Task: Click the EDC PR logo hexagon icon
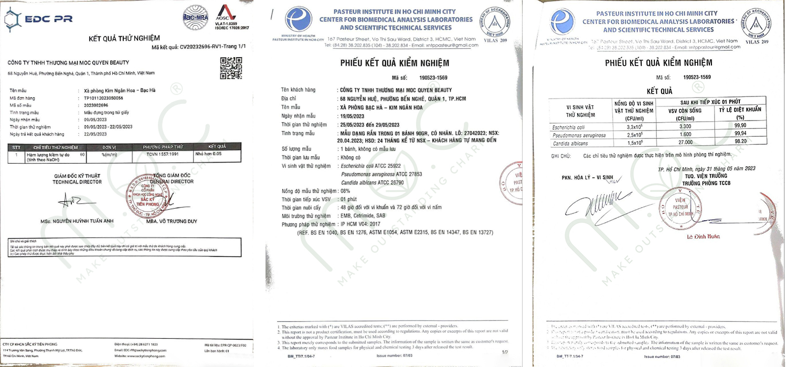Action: point(14,19)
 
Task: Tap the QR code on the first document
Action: point(230,68)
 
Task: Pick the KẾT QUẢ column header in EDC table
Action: point(217,146)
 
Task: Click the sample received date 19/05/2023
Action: point(352,115)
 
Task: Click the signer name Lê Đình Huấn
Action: point(704,236)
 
